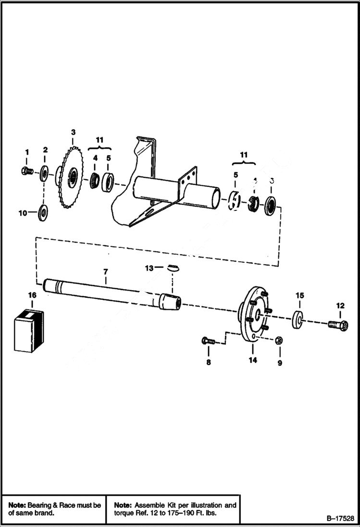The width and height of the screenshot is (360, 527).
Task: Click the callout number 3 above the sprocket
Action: tap(73, 132)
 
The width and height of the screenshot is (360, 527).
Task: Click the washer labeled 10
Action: tap(43, 211)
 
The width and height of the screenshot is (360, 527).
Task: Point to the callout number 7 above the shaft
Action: tap(105, 272)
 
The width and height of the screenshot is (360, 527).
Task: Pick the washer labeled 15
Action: tap(298, 319)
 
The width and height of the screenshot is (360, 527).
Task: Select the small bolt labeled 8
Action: tap(208, 341)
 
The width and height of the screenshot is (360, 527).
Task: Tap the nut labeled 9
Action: tap(279, 341)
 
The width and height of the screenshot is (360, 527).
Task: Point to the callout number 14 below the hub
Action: tap(253, 359)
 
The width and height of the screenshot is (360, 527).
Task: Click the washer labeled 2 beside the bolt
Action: tap(45, 172)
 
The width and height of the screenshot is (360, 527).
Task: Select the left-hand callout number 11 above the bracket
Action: tap(99, 140)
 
